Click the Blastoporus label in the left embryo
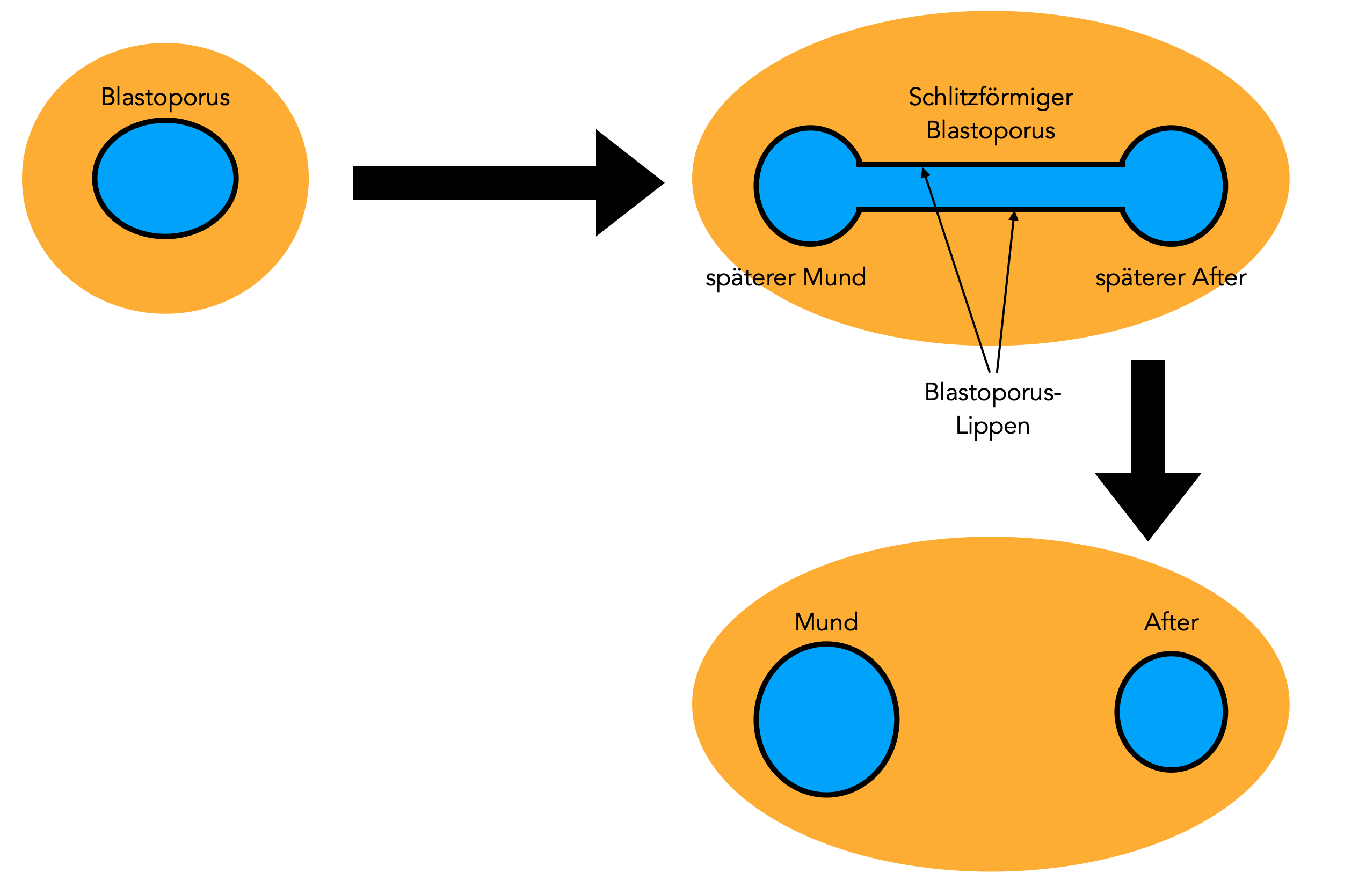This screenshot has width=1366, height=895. point(165,97)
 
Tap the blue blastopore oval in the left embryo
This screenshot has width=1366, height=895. point(165,179)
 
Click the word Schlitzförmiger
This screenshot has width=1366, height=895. point(991,97)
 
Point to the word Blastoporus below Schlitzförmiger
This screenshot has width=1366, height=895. point(991,130)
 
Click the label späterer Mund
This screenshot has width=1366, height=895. point(785,278)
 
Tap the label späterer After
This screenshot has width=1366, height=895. point(1171,278)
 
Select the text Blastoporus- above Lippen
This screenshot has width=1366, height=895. point(993,392)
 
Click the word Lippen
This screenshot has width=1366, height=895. point(992,426)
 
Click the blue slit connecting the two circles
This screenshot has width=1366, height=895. point(991,187)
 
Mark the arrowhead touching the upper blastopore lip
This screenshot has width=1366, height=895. point(924,173)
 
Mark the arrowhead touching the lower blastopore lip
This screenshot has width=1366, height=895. point(1014,216)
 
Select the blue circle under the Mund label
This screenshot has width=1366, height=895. point(826,720)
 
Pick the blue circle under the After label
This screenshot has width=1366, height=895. point(1172,712)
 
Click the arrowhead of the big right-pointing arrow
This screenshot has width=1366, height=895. point(628,183)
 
